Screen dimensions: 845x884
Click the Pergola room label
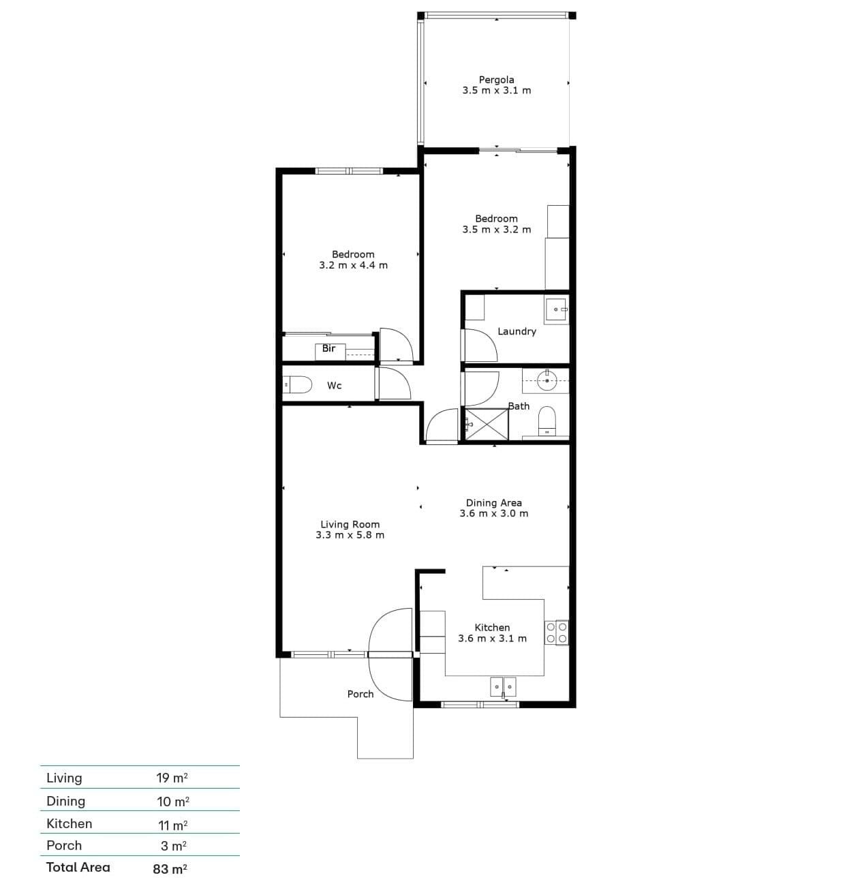click(496, 80)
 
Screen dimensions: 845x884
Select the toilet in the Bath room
click(547, 421)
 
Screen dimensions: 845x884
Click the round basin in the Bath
click(547, 380)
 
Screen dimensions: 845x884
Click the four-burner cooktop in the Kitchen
click(557, 632)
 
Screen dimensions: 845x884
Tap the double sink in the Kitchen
click(503, 686)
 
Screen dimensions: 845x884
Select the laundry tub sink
click(557, 311)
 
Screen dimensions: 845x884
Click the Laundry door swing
click(480, 346)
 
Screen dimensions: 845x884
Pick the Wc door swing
click(395, 384)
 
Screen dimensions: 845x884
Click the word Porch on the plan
click(360, 694)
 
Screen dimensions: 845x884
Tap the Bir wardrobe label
click(328, 348)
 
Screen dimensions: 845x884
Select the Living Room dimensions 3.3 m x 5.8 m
click(350, 534)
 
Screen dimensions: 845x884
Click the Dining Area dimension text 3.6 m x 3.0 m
click(494, 513)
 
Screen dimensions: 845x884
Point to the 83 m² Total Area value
click(170, 868)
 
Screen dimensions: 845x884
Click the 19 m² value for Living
click(172, 778)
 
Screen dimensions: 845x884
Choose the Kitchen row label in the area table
click(69, 823)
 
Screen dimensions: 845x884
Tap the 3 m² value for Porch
click(174, 845)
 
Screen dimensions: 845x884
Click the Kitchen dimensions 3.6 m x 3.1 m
click(493, 638)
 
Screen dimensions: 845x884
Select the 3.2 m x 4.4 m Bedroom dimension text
click(354, 265)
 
